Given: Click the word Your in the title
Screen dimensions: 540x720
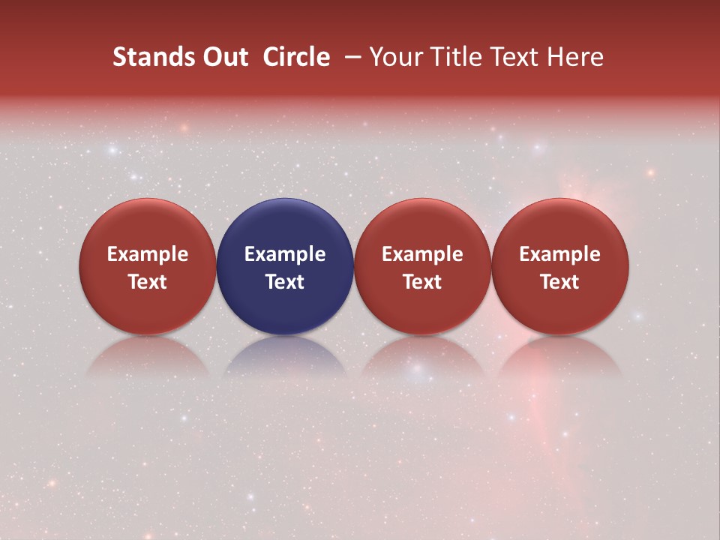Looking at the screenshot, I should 394,57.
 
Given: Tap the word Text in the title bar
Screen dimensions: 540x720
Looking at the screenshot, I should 516,57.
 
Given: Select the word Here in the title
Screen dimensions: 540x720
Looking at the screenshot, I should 575,57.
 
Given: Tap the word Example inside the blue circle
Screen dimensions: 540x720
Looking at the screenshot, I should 285,254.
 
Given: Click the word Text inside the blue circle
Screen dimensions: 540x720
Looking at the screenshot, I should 285,282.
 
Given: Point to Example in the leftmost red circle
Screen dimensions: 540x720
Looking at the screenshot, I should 147,254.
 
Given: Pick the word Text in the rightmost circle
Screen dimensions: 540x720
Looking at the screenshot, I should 560,282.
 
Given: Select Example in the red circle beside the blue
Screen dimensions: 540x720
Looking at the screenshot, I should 422,254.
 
